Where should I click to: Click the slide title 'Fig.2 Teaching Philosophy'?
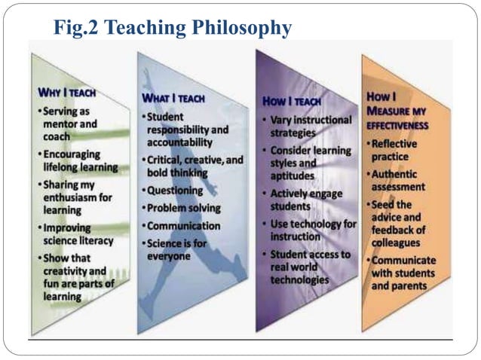pos(173,28)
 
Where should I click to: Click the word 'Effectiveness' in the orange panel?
pos(397,126)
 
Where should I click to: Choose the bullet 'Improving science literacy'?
pos(78,234)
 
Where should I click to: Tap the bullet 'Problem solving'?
pos(183,208)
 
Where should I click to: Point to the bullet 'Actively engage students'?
pos(305,200)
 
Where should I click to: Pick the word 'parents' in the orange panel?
pos(410,286)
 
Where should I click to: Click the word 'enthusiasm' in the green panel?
pos(72,198)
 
